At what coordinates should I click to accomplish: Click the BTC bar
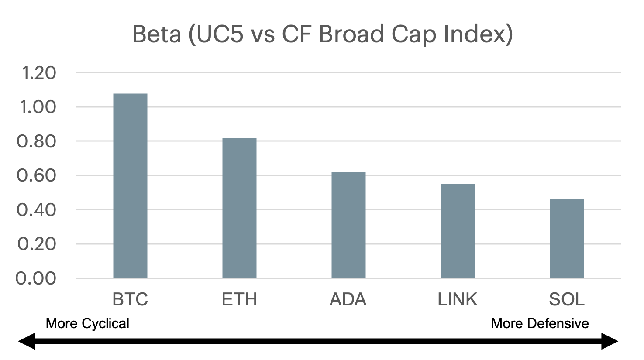click(x=130, y=185)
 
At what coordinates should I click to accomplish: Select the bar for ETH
click(x=240, y=208)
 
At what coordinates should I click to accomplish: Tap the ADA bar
click(x=348, y=225)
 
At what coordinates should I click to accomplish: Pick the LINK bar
click(x=458, y=231)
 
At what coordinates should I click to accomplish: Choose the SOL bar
click(x=567, y=238)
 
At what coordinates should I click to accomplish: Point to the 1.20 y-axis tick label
click(x=39, y=73)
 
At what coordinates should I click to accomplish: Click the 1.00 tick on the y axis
click(x=38, y=107)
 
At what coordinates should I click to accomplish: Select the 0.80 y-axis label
click(x=36, y=141)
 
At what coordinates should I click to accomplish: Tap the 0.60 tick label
click(x=36, y=175)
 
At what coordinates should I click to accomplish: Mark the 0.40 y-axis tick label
click(x=36, y=210)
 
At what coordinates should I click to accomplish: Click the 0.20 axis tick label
click(x=37, y=244)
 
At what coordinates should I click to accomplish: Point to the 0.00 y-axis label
click(x=36, y=278)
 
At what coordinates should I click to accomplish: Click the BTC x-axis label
click(x=130, y=299)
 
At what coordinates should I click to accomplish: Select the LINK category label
click(x=458, y=299)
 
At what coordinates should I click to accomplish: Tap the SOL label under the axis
click(x=567, y=299)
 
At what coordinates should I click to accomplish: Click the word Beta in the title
click(x=157, y=34)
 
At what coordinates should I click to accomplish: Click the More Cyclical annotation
click(x=87, y=323)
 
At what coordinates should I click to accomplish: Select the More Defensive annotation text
click(x=540, y=323)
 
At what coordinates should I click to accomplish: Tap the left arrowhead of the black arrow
click(x=27, y=341)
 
